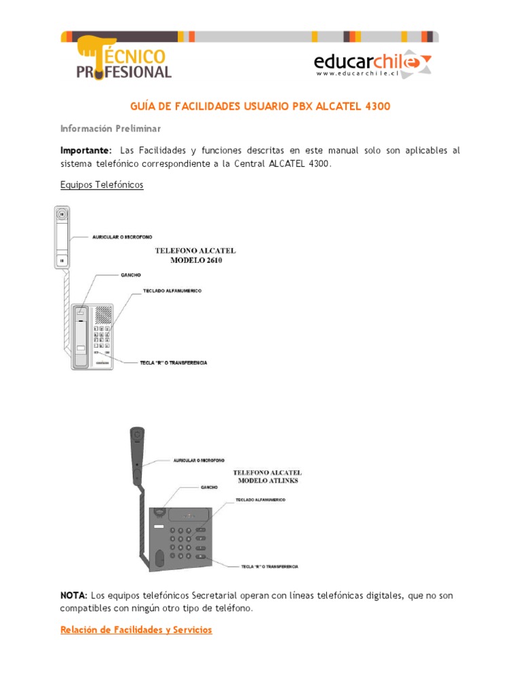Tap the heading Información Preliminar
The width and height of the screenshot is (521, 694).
click(111, 128)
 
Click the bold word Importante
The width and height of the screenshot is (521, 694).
click(85, 150)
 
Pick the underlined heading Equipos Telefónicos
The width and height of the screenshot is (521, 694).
click(102, 184)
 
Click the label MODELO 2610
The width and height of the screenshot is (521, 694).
click(196, 260)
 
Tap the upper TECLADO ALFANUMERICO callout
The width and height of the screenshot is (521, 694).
click(172, 291)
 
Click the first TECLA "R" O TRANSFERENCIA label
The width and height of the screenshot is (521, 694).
click(172, 363)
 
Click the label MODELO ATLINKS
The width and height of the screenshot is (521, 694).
click(267, 481)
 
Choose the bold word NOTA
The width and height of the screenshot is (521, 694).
click(74, 595)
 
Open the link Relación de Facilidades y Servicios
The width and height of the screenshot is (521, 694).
click(136, 630)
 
